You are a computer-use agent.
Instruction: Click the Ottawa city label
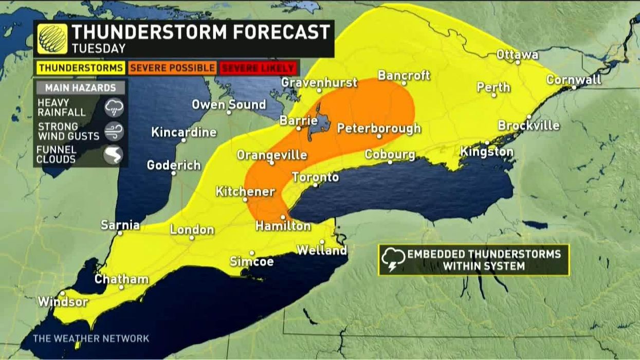[x=517, y=55]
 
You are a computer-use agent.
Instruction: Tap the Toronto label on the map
[x=315, y=177]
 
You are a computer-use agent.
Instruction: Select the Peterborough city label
[x=379, y=128]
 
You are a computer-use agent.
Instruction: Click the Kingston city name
[x=486, y=152]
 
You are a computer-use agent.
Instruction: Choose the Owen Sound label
[x=229, y=104]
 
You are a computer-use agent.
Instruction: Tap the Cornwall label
[x=573, y=80]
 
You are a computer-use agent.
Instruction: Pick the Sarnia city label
[x=120, y=225]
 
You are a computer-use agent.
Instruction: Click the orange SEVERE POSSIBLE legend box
[x=172, y=68]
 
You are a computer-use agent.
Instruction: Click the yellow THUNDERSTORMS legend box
[x=81, y=68]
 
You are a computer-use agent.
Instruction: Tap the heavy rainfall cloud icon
[x=114, y=107]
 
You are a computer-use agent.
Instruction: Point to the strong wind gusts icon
[x=114, y=131]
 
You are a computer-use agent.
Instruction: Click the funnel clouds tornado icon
[x=113, y=155]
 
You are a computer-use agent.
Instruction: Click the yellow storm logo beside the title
[x=52, y=39]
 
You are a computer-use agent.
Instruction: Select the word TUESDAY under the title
[x=99, y=49]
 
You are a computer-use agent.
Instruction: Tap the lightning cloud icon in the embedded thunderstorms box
[x=393, y=260]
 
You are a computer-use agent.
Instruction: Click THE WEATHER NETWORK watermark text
[x=91, y=338]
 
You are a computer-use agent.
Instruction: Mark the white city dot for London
[x=191, y=238]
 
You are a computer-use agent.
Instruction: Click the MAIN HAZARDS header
[x=81, y=88]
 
